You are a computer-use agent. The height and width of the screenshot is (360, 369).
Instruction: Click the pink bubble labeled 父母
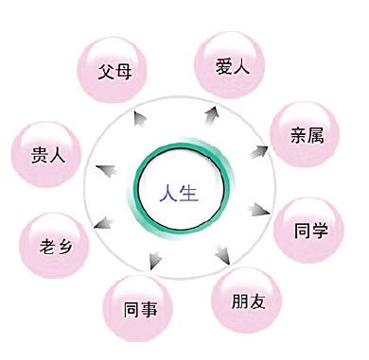pos(112,70)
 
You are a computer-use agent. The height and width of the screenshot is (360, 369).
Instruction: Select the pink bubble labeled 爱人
pos(229,64)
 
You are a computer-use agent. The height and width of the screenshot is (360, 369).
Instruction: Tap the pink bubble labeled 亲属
pos(305,134)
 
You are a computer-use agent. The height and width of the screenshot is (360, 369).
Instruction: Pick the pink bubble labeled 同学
pos(308,230)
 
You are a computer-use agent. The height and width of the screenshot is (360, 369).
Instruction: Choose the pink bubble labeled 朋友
pos(246,300)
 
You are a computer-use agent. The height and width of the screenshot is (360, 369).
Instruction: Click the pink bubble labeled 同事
pos(138,308)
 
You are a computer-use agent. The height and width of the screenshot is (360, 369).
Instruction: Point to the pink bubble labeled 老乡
pos(54,245)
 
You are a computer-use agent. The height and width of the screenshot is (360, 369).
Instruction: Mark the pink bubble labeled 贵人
pos(46,154)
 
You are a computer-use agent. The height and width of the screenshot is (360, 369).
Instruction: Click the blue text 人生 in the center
pos(179,193)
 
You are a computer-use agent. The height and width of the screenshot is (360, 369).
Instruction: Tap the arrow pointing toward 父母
pos(140,119)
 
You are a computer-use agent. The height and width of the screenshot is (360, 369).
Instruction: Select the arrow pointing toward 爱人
pos(212,115)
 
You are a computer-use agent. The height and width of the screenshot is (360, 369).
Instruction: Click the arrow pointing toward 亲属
pos(259,152)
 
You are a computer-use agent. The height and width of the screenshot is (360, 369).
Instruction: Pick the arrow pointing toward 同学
pos(258,210)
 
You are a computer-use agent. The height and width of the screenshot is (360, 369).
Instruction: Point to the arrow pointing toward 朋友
pos(223,253)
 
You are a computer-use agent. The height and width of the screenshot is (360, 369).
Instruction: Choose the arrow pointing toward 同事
pos(155,261)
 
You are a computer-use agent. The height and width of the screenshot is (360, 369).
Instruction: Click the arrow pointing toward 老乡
pos(103,223)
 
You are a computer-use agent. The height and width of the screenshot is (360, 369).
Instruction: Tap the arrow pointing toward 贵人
pos(106,170)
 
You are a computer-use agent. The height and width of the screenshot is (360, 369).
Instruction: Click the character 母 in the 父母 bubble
pos(123,71)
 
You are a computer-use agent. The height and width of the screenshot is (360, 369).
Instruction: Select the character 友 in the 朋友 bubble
pos(257,301)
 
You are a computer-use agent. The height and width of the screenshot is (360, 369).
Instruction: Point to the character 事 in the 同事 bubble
pos(149,309)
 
